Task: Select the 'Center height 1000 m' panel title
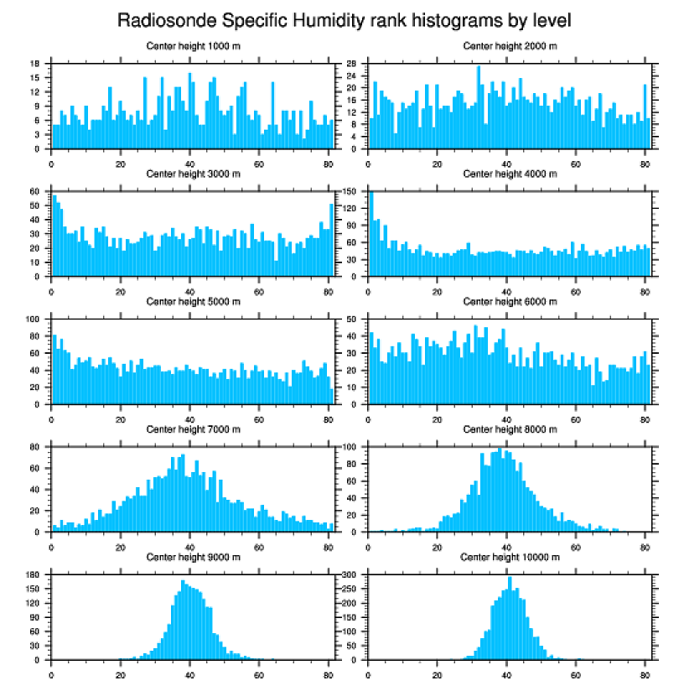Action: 193,46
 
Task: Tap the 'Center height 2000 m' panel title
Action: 510,46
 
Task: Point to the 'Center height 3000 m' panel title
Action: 193,174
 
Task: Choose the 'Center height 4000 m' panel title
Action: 510,174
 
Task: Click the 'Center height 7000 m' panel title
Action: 193,429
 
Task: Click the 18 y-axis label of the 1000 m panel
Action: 35,64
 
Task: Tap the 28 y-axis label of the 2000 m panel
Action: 353,64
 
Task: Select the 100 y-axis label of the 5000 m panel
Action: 34,320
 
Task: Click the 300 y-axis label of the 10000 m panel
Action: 350,575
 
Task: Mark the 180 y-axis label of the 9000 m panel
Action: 34,575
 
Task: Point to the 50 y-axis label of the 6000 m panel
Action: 353,320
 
